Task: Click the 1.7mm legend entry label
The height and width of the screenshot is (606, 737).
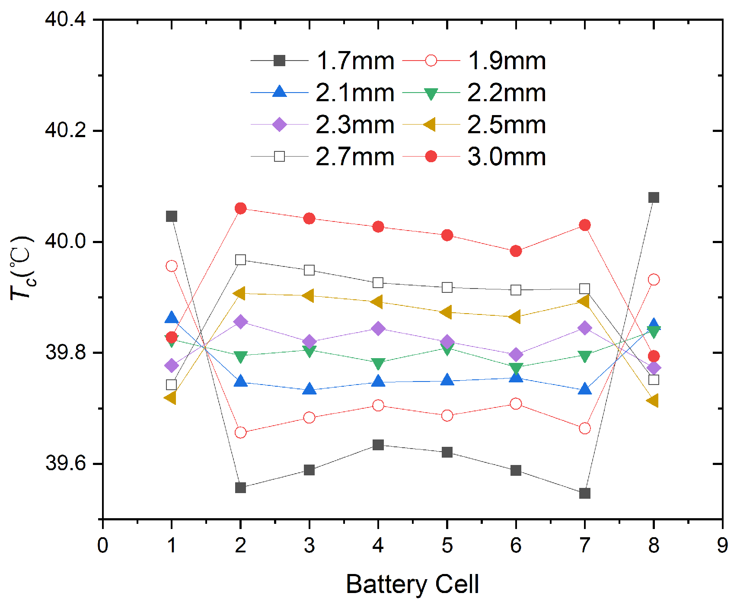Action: (x=355, y=61)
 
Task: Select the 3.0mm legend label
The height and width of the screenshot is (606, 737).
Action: (x=507, y=157)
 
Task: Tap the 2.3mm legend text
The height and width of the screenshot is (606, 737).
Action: (x=355, y=125)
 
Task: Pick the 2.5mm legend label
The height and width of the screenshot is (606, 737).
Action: (x=507, y=125)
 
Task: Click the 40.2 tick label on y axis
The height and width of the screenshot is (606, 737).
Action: (x=65, y=130)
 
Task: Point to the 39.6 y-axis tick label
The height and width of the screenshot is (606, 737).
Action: (x=65, y=463)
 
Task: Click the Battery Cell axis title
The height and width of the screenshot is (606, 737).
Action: (x=412, y=584)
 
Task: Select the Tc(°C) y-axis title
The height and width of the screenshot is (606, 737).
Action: (x=22, y=268)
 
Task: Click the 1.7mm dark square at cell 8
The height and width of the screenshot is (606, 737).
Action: (x=654, y=198)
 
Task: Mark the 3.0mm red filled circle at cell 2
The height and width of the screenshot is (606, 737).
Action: (x=241, y=208)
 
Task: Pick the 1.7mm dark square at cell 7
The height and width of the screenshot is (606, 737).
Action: (x=585, y=493)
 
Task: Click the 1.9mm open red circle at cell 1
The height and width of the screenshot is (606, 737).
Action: (x=172, y=266)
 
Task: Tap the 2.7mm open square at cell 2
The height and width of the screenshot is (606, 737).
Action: (x=241, y=260)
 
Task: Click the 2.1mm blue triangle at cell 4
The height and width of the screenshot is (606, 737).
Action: (x=378, y=382)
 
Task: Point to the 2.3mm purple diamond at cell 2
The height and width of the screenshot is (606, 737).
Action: (x=241, y=322)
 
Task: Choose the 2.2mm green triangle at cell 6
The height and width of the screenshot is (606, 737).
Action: (x=516, y=369)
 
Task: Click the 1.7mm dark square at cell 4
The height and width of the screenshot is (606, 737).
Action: (x=378, y=445)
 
